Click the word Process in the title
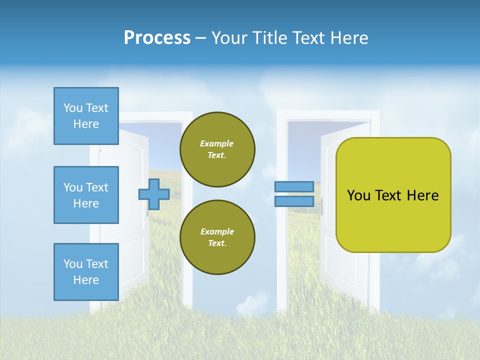point(157,38)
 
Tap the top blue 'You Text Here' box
point(86,116)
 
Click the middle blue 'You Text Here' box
point(86,195)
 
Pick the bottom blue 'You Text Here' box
point(86,272)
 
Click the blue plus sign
point(154,194)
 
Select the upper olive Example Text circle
point(217,149)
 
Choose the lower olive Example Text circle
point(217,237)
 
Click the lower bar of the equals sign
point(294,201)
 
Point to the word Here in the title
point(348,38)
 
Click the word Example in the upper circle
point(217,143)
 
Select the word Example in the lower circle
point(217,231)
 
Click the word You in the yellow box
point(358,195)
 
